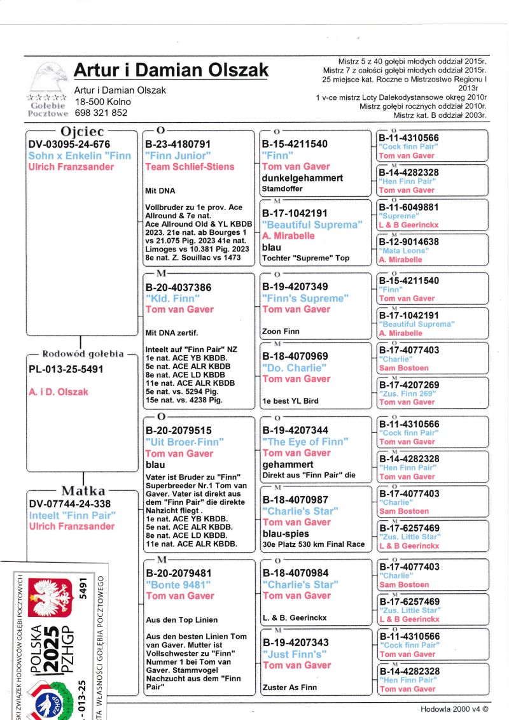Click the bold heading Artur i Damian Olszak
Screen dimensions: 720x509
[171, 70]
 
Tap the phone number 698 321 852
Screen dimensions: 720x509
[101, 113]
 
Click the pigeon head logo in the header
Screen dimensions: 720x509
[50, 78]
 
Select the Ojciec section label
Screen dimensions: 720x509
[81, 132]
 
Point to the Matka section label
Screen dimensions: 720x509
[82, 491]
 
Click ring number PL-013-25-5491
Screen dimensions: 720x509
[66, 369]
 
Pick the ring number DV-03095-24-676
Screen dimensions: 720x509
[69, 145]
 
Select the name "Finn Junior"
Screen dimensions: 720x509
[176, 156]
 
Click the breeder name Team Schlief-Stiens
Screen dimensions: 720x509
[190, 167]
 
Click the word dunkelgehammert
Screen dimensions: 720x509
[302, 178]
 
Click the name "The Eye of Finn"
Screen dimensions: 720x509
[305, 442]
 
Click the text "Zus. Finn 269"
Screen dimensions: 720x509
[407, 394]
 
